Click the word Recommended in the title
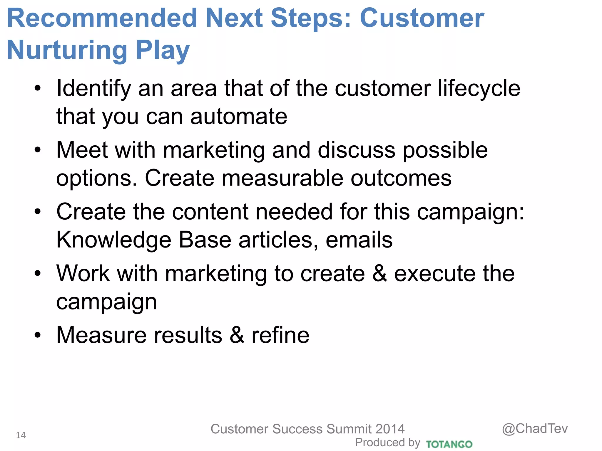pos(102,18)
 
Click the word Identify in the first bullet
pos(93,89)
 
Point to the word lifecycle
pos(479,89)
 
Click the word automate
pos(239,117)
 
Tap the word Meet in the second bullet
pos(82,150)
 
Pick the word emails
pos(359,240)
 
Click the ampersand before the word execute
pos(379,273)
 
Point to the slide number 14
pos(21,435)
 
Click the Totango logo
pos(449,444)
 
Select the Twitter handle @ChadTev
pos(535,429)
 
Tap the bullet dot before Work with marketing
pos(38,273)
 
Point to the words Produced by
pos(387,442)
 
